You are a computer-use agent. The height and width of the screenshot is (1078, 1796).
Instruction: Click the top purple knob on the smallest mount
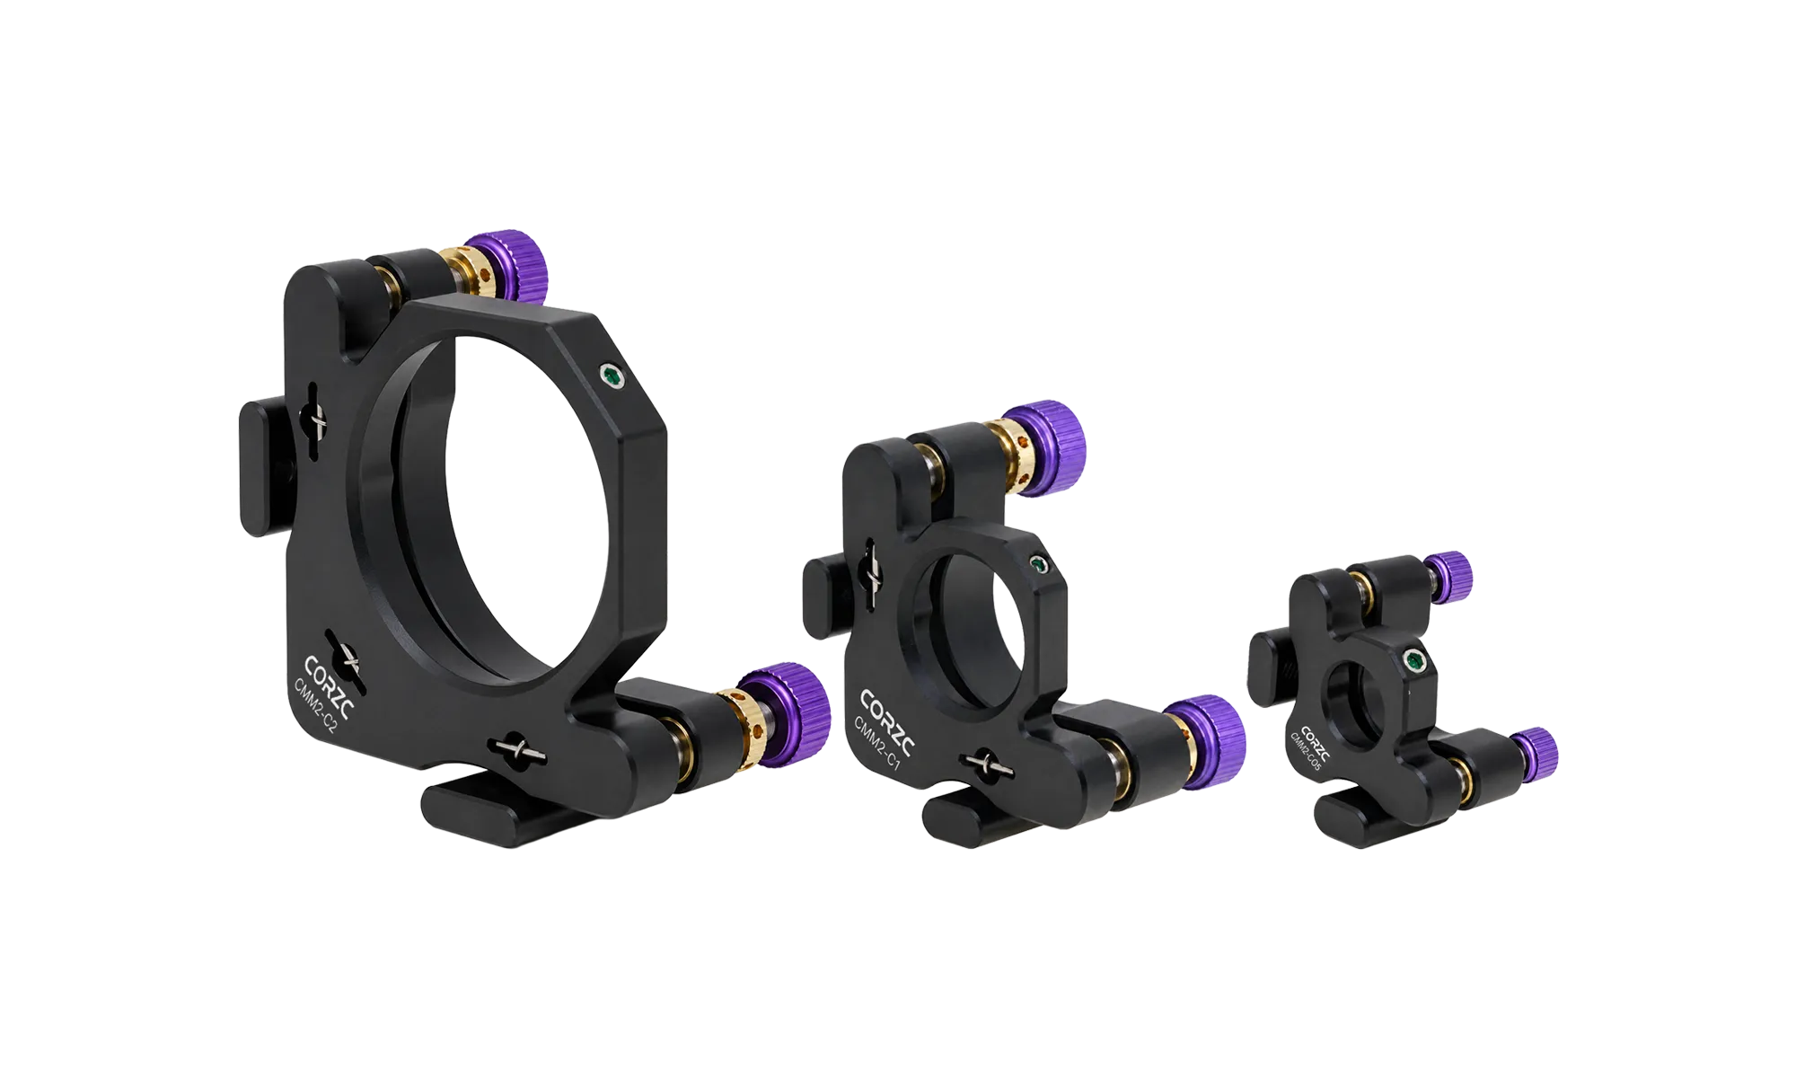coord(1448,575)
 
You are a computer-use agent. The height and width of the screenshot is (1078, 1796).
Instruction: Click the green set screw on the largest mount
coord(612,377)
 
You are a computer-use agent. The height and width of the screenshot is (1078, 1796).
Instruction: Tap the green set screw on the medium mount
coord(1039,564)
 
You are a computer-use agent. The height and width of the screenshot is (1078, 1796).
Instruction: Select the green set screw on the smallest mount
coord(1416,662)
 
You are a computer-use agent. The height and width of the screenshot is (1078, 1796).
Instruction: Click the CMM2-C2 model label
coord(315,706)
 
